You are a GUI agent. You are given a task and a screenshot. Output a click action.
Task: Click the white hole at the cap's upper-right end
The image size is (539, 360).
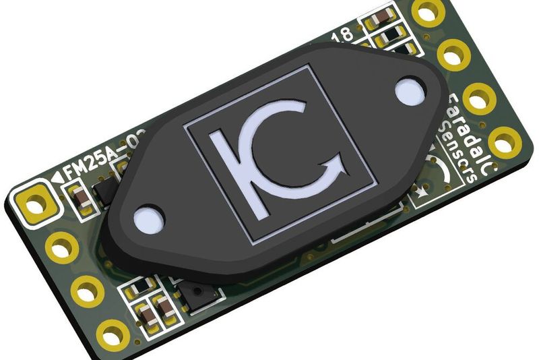(x=408, y=93)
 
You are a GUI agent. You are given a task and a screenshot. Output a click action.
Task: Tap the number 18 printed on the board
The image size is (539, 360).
(x=342, y=35)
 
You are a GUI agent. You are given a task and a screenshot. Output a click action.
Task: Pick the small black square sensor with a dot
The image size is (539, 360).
(x=201, y=297)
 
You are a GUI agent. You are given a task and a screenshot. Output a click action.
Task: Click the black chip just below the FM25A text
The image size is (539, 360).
(x=106, y=191)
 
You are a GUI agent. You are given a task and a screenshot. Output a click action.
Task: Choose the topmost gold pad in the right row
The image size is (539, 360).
(x=426, y=12)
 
